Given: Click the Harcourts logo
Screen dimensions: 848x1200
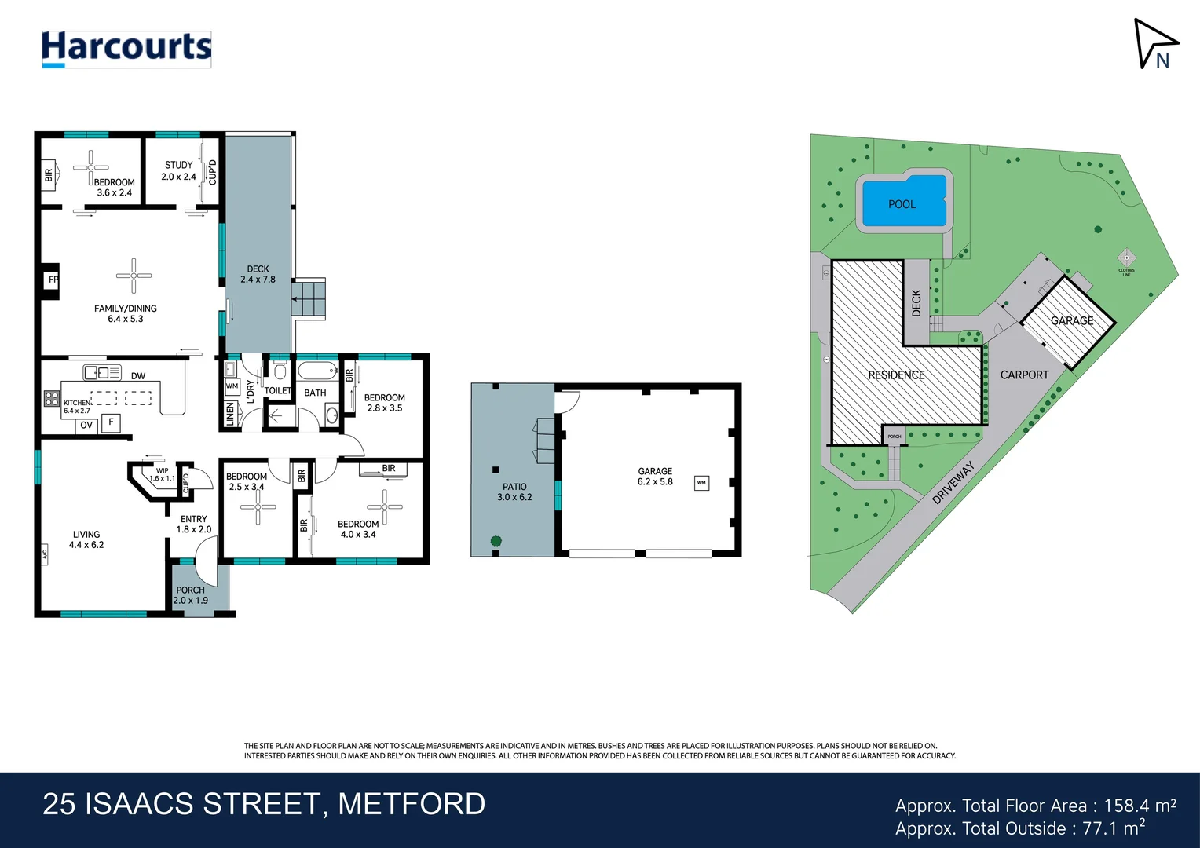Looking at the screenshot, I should click(126, 49).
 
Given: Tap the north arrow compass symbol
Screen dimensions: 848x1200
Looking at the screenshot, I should click(1153, 44).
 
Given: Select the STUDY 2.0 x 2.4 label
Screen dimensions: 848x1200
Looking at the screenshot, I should click(178, 171).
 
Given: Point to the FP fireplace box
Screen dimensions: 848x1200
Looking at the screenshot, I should click(52, 280).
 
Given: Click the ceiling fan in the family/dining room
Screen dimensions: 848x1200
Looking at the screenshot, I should click(134, 276).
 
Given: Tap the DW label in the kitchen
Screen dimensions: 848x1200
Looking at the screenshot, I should click(138, 376).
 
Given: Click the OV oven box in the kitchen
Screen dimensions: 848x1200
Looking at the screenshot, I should click(86, 425).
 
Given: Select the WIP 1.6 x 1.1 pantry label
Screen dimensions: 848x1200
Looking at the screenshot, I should click(162, 475).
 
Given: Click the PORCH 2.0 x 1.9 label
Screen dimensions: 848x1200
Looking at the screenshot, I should click(190, 595).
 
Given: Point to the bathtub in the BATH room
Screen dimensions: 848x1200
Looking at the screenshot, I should click(317, 371).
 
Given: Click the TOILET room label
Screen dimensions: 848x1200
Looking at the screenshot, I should click(277, 390).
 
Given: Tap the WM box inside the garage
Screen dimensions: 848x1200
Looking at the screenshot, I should click(701, 483).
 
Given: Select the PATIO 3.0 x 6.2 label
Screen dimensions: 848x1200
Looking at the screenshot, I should click(514, 492).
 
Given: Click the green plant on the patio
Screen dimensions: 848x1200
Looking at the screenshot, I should click(496, 541).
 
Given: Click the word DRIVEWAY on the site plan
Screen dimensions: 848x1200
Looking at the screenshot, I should click(953, 482).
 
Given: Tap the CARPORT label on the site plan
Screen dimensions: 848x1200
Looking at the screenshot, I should click(1024, 375).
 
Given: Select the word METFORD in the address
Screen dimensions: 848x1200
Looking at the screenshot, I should click(412, 804).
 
